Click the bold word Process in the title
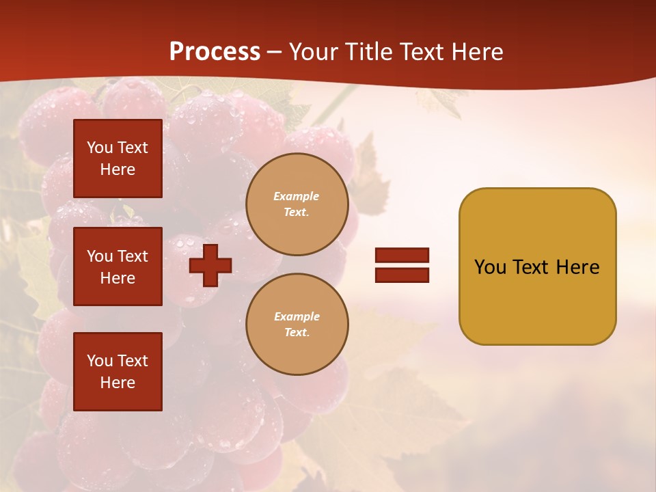click(x=215, y=52)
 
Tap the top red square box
click(x=118, y=159)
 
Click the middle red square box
click(x=118, y=266)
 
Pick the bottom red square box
click(x=118, y=372)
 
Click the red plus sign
click(x=210, y=266)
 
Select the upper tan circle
click(x=297, y=204)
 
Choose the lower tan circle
click(x=297, y=325)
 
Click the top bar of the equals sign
click(x=402, y=256)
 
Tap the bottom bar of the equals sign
click(x=402, y=275)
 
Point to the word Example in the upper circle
click(x=297, y=196)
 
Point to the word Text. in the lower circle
click(x=297, y=333)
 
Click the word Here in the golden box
click(x=577, y=267)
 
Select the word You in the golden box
click(x=491, y=267)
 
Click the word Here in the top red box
click(x=118, y=170)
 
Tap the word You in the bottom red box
click(x=100, y=361)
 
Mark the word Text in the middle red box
click(x=132, y=256)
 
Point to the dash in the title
click(x=275, y=53)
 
